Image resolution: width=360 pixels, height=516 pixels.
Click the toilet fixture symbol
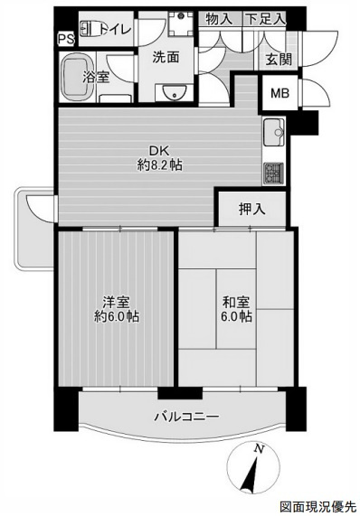pos(90,29)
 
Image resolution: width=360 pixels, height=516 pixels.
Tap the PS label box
pos(67,39)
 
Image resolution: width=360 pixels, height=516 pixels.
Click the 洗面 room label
pos(166,57)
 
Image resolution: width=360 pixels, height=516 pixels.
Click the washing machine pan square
pos(180,23)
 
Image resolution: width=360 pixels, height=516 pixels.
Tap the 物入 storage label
pos(220,19)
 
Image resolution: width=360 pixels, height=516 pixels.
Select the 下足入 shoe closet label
pos(265,19)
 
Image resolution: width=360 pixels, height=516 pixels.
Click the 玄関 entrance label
pos(279,60)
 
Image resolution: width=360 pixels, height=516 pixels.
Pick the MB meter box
pos(280,93)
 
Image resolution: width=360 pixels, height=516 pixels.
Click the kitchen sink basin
pos(274,132)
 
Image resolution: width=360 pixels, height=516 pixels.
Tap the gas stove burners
pos(273,174)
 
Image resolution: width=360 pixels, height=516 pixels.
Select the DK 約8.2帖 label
pos(160,158)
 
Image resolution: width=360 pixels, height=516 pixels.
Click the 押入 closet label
pos(252,209)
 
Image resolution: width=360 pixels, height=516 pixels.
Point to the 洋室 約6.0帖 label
pos(117,309)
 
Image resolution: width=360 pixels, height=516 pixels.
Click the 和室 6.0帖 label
pos(236,309)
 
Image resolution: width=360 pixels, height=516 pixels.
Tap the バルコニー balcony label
pos(186,417)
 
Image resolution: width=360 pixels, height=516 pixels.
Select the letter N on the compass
pos(260,448)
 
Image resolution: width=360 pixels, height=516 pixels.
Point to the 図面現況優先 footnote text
pos(318,506)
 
